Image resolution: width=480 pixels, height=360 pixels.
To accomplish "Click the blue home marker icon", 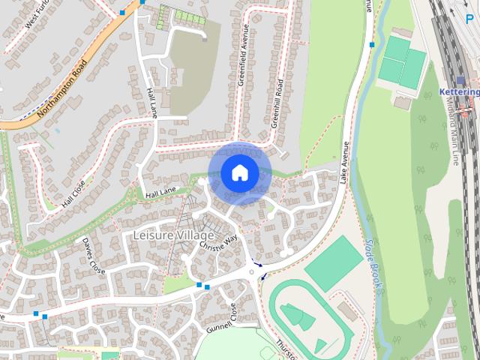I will [239, 173].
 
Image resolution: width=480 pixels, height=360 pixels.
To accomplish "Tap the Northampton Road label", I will [66, 87].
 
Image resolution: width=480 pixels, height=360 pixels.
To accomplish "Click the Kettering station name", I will [459, 91].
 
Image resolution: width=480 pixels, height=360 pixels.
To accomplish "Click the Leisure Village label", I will [173, 235].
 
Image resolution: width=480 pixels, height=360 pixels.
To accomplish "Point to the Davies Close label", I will [94, 255].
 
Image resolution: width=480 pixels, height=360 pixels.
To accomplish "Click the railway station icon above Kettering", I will [460, 79].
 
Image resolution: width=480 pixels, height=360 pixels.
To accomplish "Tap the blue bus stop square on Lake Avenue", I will [372, 45].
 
